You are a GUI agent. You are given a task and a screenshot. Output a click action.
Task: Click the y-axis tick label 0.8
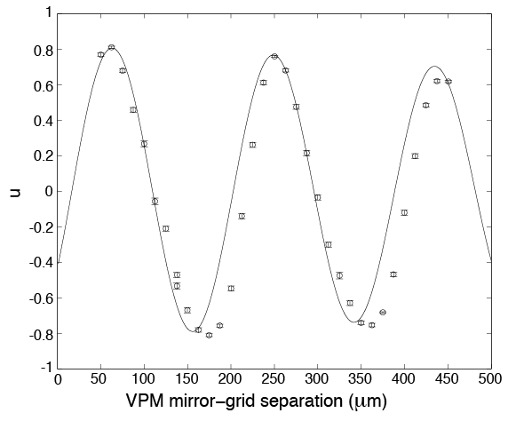(x=44, y=50)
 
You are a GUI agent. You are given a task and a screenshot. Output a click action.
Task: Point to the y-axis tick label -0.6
(x=41, y=298)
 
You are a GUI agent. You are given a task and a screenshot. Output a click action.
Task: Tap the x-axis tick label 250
(x=274, y=379)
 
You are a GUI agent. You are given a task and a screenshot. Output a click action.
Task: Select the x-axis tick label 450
(x=448, y=379)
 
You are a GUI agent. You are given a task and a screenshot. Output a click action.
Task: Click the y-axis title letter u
(x=15, y=193)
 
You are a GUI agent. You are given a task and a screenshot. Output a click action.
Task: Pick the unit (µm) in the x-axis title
(x=368, y=401)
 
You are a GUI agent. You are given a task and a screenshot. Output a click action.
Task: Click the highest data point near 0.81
(x=111, y=47)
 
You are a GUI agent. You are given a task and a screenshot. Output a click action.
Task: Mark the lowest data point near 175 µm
(x=209, y=335)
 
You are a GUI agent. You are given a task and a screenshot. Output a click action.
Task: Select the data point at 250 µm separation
(x=274, y=56)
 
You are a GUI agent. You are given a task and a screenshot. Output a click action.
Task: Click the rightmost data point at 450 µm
(x=448, y=82)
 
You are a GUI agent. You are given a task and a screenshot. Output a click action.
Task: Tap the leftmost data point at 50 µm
(x=100, y=55)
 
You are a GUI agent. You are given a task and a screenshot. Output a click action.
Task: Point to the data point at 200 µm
(x=231, y=289)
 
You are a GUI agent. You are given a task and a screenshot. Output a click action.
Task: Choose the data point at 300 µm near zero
(x=318, y=198)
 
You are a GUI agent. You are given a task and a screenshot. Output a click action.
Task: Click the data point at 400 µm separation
(x=404, y=213)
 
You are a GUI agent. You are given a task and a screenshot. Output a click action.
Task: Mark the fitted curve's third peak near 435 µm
(x=434, y=67)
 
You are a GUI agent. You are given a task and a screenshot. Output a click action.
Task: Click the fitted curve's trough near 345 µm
(x=353, y=322)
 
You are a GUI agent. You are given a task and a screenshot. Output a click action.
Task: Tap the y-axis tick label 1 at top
(x=49, y=13)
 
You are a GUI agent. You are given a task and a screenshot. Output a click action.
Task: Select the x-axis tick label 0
(x=58, y=379)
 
